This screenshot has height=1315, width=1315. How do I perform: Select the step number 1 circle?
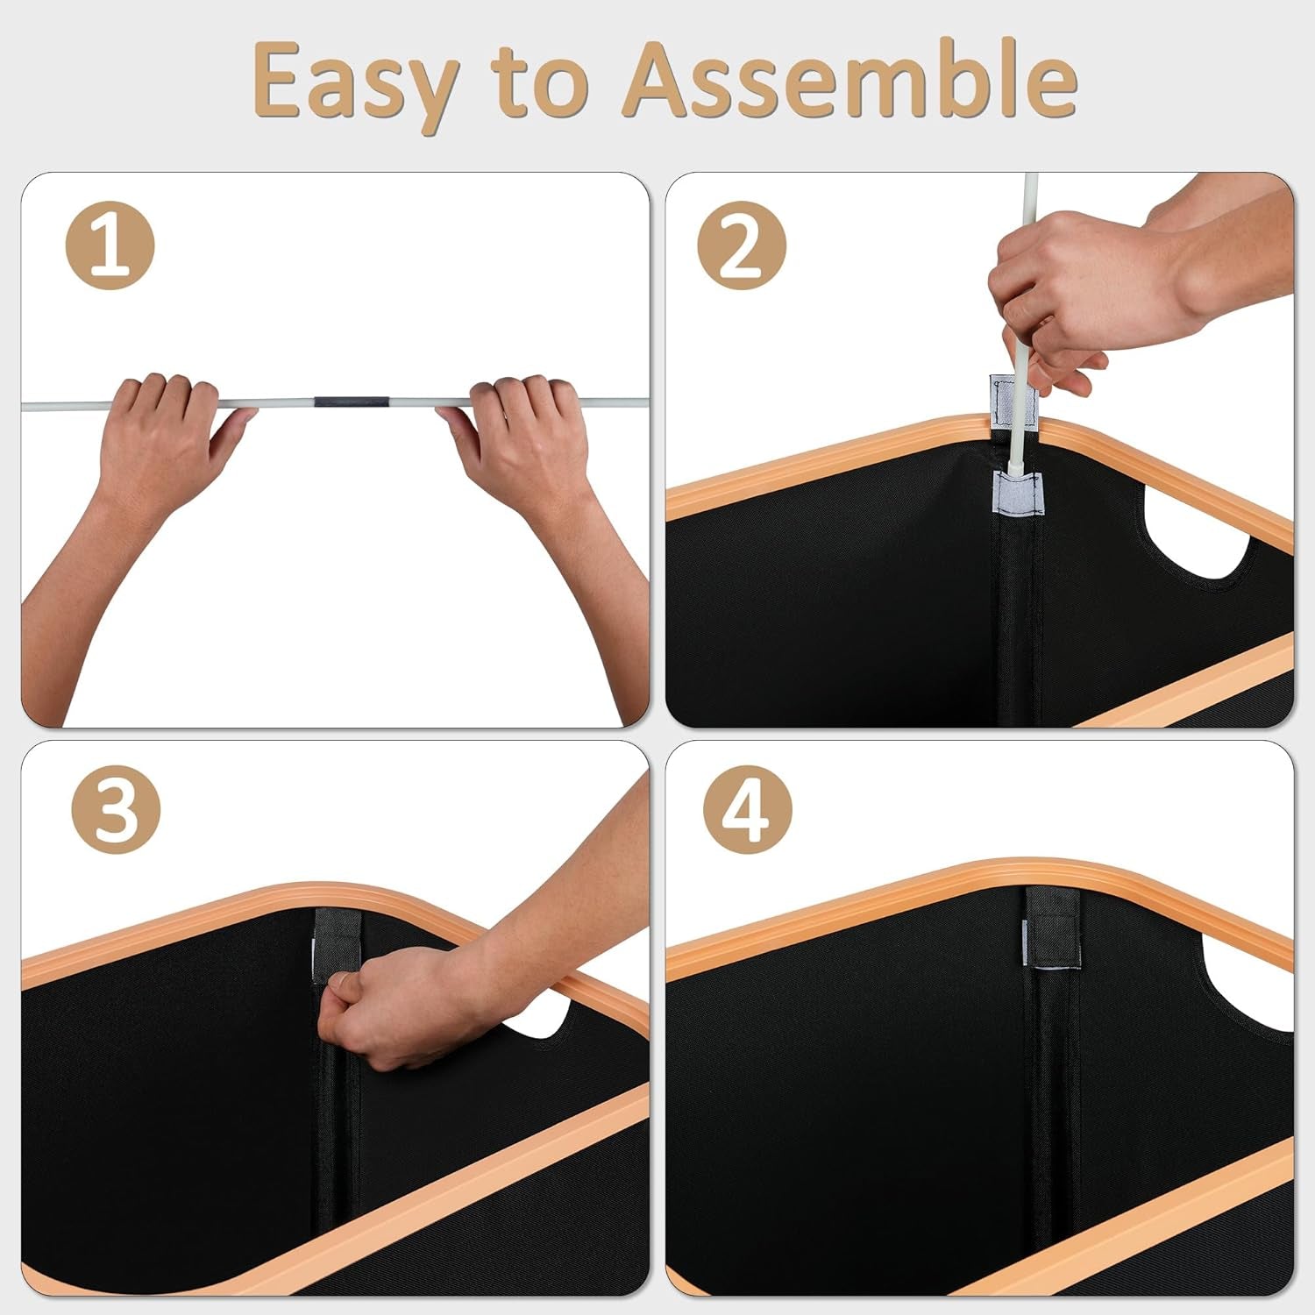110,245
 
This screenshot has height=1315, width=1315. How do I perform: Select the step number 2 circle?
742,245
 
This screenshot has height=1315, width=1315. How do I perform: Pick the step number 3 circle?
116,810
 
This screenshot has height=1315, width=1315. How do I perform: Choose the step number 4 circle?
748,810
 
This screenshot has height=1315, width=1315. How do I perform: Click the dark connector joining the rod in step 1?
352,402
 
